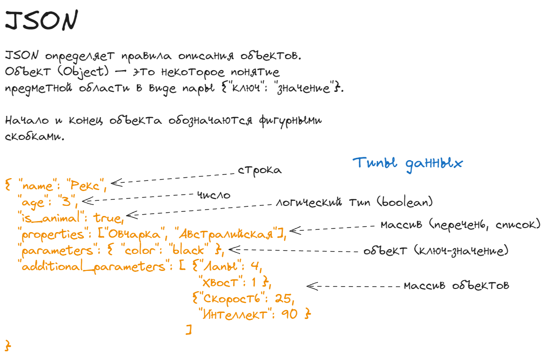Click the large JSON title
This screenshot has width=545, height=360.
coord(41,21)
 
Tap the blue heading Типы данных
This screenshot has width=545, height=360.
coord(407,163)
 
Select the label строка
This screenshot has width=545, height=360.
coord(259,170)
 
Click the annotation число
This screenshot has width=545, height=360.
coord(214,195)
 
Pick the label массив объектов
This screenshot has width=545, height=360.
coord(456,285)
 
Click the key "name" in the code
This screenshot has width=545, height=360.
coord(37,186)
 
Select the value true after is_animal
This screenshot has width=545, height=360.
coord(108,217)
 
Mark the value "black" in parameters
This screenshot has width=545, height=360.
coord(188,251)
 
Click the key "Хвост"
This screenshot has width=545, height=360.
coord(221,282)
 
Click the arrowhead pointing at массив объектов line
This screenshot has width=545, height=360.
coord(310,286)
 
